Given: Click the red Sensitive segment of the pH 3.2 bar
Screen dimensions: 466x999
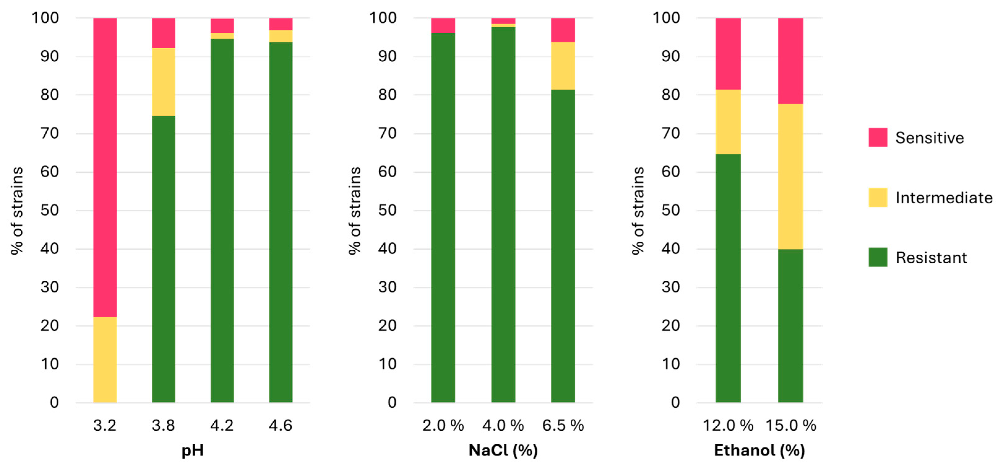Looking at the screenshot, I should click(105, 167).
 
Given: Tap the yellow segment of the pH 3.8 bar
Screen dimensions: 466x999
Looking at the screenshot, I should click(163, 81).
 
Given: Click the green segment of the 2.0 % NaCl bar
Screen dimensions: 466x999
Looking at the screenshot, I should click(443, 217).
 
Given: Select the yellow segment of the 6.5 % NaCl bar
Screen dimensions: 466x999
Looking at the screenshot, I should click(563, 66).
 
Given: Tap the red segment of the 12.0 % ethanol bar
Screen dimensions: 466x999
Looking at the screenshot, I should click(728, 54).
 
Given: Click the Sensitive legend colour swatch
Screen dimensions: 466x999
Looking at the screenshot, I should click(878, 137).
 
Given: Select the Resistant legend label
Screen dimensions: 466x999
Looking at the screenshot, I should click(931, 258).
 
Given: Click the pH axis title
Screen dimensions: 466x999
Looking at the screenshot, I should click(192, 450).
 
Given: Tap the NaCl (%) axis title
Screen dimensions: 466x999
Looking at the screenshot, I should click(503, 450).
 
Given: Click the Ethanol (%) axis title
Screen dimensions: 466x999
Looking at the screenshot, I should click(759, 450).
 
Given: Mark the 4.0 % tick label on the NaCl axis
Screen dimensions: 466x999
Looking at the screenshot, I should click(503, 425).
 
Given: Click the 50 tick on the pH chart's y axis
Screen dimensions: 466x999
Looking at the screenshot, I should click(49, 210).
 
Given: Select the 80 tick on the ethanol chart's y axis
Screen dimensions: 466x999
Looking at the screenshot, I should click(671, 95).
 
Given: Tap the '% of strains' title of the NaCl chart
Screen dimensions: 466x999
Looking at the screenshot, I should click(354, 210).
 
